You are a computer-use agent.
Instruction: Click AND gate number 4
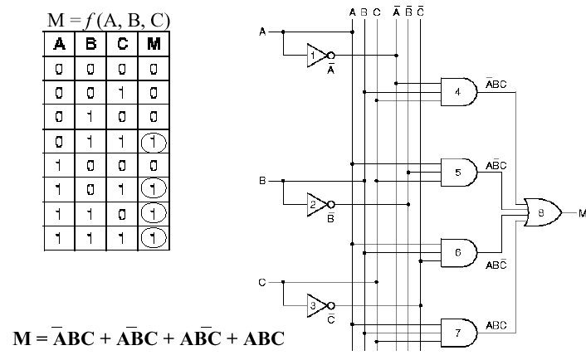(459, 90)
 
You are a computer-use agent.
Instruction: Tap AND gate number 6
(459, 252)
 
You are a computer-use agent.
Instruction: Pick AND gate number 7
(459, 332)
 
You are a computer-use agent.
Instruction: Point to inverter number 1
(315, 55)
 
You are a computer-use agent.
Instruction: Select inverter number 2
(315, 203)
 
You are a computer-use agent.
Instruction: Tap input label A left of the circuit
(263, 32)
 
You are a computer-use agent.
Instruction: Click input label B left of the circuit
(263, 180)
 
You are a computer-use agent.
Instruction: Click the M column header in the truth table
(154, 44)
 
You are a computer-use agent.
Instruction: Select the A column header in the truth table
(61, 44)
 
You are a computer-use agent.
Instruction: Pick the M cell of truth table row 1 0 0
(154, 166)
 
